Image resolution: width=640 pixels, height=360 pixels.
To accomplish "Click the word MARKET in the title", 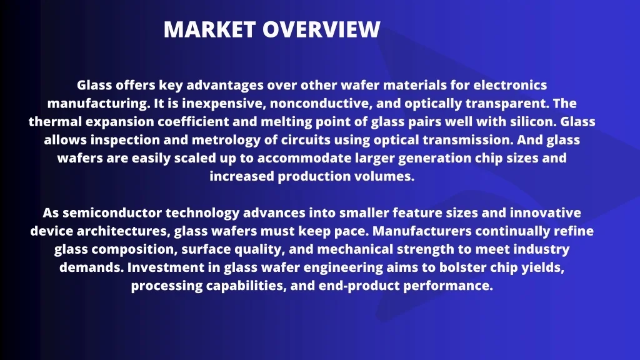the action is click(209, 29).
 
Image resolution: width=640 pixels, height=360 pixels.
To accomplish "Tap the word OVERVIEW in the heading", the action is click(321, 29).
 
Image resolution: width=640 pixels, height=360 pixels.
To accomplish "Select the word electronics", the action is click(510, 85).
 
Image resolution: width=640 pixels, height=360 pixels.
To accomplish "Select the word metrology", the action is click(226, 140).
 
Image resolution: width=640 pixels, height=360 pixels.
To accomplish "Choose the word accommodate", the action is click(304, 158).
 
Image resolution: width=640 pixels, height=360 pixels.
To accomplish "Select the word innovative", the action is click(545, 212).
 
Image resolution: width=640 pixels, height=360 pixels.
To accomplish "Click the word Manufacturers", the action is click(422, 231).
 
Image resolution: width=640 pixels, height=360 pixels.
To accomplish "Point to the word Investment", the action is click(172, 267).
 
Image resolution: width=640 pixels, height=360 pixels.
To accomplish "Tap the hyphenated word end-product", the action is click(359, 286).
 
